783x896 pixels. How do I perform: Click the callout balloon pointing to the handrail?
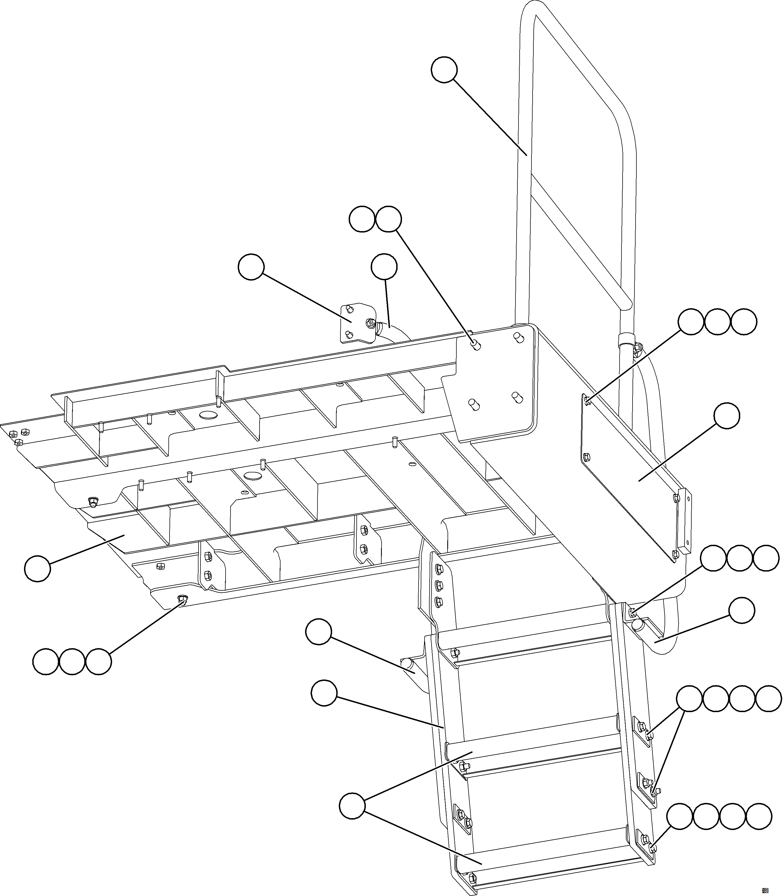click(x=444, y=70)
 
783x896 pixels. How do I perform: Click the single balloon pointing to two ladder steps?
click(x=352, y=807)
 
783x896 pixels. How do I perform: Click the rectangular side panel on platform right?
click(x=634, y=476)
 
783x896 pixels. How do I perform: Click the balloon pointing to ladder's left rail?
click(x=324, y=693)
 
